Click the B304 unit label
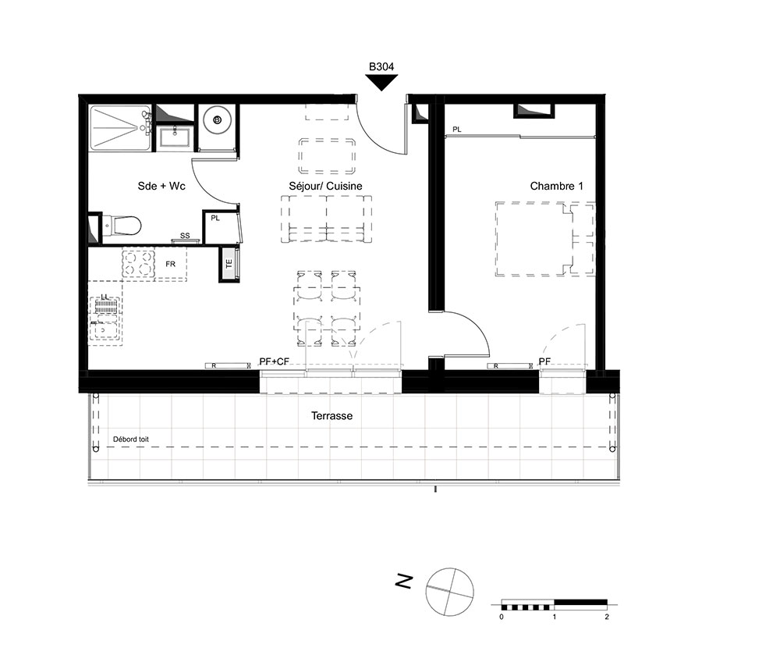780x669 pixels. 381,66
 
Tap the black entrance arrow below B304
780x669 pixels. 381,82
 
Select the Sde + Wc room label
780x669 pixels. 161,186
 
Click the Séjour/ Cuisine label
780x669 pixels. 325,186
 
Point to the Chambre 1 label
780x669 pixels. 556,186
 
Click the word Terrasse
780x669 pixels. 331,415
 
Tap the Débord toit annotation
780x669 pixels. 131,439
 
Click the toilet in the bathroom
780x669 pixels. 122,226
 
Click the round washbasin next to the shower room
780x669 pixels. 217,120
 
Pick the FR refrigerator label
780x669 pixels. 171,264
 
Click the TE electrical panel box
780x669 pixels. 229,264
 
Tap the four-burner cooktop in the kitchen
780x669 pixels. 138,264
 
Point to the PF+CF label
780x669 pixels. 274,361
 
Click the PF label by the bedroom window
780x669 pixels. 544,361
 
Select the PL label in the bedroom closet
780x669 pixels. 456,130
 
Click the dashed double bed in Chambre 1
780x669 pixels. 545,239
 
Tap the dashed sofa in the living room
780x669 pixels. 326,219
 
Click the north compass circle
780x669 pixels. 450,592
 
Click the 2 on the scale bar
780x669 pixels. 607,617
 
